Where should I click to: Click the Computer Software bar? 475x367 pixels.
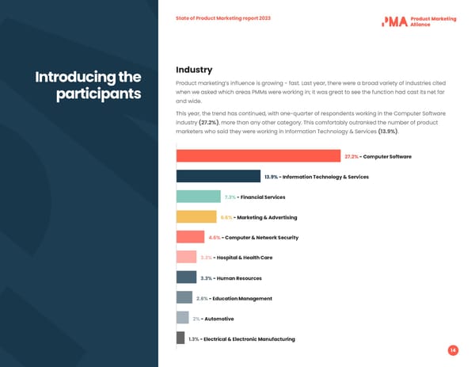point(258,156)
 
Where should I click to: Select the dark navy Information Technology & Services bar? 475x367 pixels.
point(218,176)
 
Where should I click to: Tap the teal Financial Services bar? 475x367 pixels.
point(198,197)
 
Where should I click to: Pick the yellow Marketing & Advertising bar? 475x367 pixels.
point(196,216)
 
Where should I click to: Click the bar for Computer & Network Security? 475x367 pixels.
point(190,237)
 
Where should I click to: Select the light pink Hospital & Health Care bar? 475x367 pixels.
point(186,257)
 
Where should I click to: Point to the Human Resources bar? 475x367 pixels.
point(186,277)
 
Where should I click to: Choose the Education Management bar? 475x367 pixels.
point(184,298)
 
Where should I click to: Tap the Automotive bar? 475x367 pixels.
point(182,318)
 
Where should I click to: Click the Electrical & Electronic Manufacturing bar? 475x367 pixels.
point(180,338)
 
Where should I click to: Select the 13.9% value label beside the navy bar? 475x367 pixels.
point(271,177)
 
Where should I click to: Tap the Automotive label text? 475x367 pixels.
point(219,319)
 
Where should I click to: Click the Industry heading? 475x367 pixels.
point(194,70)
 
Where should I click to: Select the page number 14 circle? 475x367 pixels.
point(453,350)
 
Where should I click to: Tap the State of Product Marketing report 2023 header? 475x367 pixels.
point(223,18)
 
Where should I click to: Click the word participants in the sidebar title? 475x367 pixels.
point(98,94)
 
